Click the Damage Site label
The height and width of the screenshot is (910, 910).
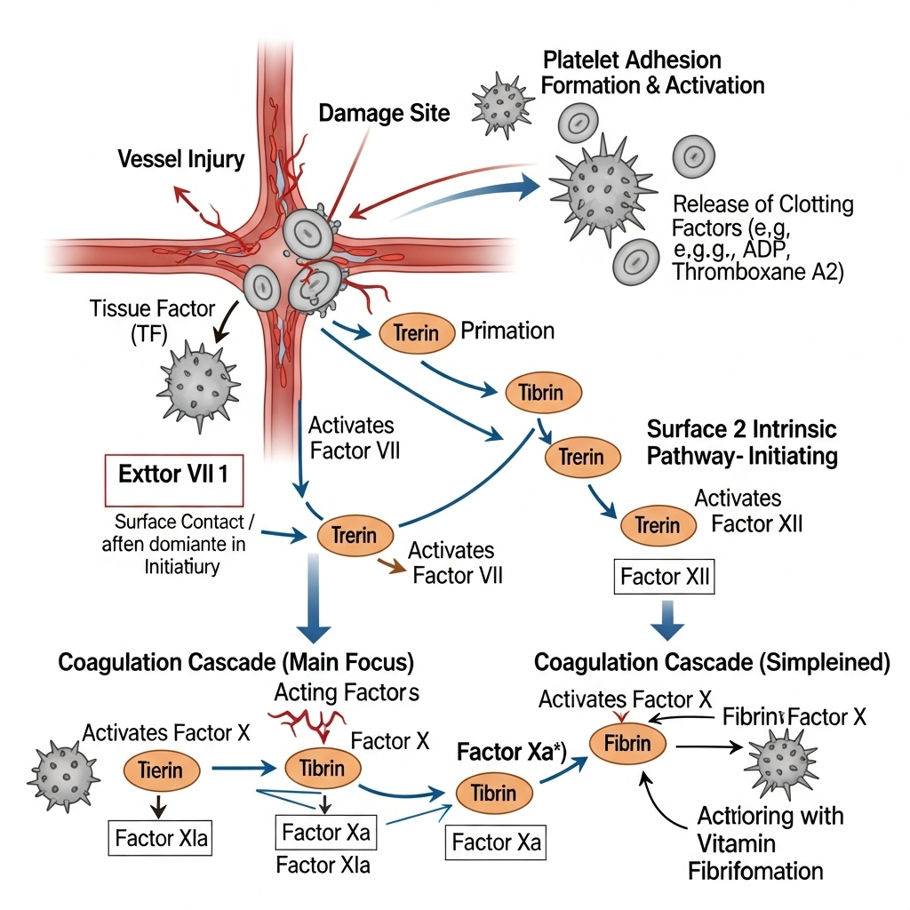coord(384,113)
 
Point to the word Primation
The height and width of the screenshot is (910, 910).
coord(507,331)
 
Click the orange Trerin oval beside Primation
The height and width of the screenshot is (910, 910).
coord(416,333)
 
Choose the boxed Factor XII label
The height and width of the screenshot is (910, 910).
coord(666,577)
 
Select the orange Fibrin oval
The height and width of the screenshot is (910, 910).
coord(628,743)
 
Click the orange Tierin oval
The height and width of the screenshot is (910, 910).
coord(160,770)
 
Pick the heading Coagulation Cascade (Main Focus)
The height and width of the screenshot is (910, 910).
coord(236,663)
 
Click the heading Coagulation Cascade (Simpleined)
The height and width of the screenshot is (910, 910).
coord(712,663)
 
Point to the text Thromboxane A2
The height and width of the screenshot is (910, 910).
coord(758,272)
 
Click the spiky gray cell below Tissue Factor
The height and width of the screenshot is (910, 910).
coord(198,384)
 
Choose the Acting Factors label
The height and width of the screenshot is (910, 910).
coord(347,691)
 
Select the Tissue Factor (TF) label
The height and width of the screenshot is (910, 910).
coord(153,322)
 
